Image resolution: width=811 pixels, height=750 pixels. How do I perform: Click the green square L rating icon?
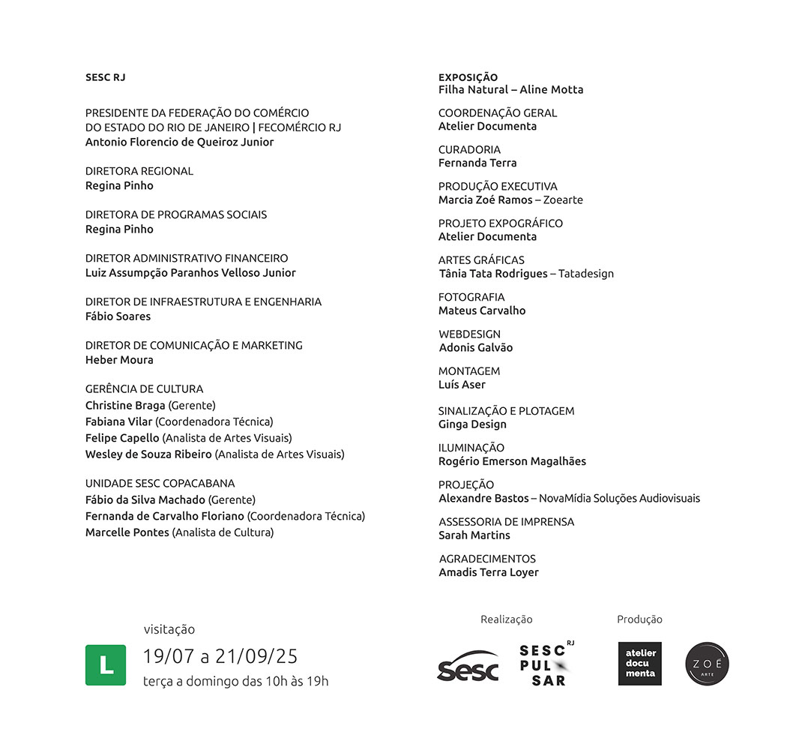tap(106, 664)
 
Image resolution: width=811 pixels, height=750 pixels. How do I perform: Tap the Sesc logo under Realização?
tap(468, 666)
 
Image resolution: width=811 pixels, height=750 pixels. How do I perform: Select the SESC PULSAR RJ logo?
tap(546, 664)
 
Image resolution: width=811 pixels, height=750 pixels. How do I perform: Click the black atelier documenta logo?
tap(640, 664)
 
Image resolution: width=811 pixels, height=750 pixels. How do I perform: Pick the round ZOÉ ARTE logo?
tap(707, 664)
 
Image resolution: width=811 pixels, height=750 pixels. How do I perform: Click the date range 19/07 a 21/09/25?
tap(220, 657)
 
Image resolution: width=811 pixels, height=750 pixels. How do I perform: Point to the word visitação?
tap(169, 629)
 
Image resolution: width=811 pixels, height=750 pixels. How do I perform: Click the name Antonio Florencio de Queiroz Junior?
tap(180, 142)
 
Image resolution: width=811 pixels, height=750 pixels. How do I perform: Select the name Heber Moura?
tap(119, 360)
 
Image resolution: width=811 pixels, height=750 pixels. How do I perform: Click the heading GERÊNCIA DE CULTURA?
tap(144, 388)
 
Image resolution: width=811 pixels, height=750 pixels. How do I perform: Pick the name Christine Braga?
tap(125, 406)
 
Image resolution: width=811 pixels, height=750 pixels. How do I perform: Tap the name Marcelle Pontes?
tap(127, 532)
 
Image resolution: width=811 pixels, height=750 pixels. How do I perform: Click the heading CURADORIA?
tap(469, 149)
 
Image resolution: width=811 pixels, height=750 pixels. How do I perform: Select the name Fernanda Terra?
tap(477, 163)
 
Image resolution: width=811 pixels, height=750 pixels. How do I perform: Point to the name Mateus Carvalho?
tap(482, 310)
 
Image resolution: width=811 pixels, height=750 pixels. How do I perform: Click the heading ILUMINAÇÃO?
tap(471, 448)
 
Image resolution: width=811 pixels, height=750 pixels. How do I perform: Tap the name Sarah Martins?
tap(474, 535)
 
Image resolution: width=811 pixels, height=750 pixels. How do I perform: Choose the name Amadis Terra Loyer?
tap(489, 572)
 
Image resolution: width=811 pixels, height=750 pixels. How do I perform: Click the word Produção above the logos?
tap(639, 619)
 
